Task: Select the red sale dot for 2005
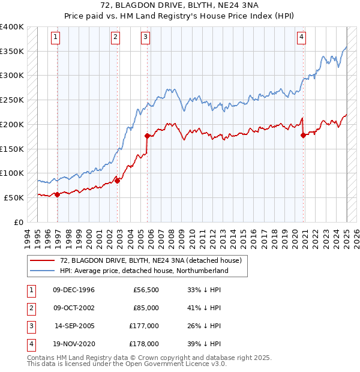tap(147, 136)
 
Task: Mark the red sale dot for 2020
tap(303, 135)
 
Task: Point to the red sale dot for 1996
tap(57, 194)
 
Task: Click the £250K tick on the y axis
tap(11, 100)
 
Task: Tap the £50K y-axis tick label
tap(14, 197)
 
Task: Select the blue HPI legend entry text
tap(144, 271)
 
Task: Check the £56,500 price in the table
tap(146, 290)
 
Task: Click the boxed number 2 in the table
tap(30, 308)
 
